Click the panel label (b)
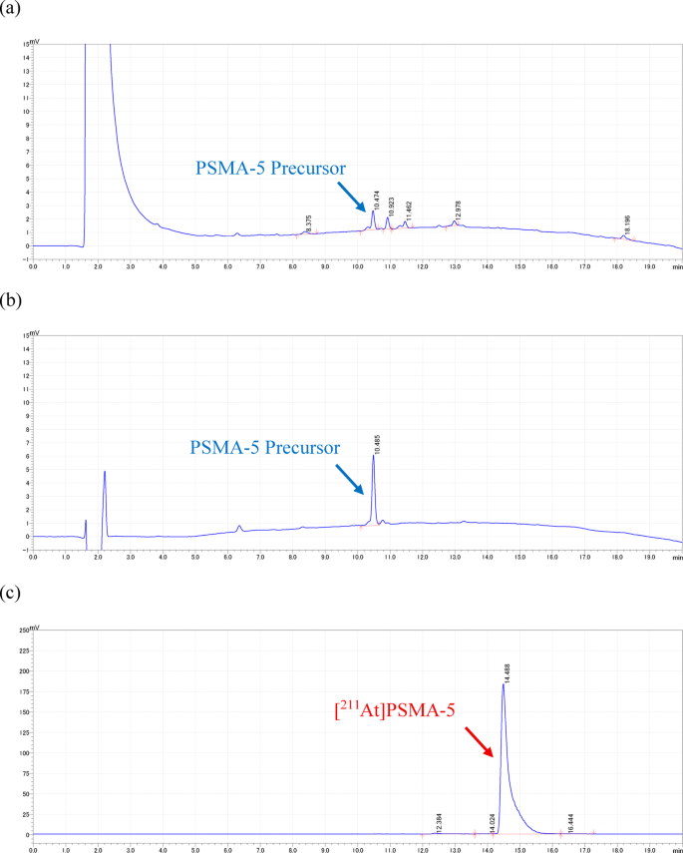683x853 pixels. [x=13, y=296]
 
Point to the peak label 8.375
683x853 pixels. [x=309, y=224]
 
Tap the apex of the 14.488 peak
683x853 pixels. [x=503, y=684]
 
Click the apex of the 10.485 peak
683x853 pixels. [x=373, y=456]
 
